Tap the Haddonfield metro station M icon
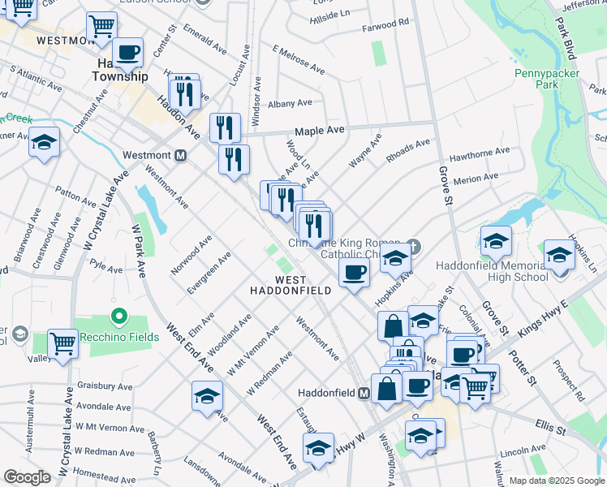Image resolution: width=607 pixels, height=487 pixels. (364, 393)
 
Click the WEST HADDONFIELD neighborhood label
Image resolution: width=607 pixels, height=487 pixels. (290, 285)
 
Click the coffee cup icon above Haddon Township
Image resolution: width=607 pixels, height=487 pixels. (128, 53)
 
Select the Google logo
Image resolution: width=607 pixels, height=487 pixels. (27, 477)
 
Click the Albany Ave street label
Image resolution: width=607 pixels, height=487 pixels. (290, 104)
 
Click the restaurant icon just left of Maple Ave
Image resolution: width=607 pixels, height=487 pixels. (225, 127)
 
